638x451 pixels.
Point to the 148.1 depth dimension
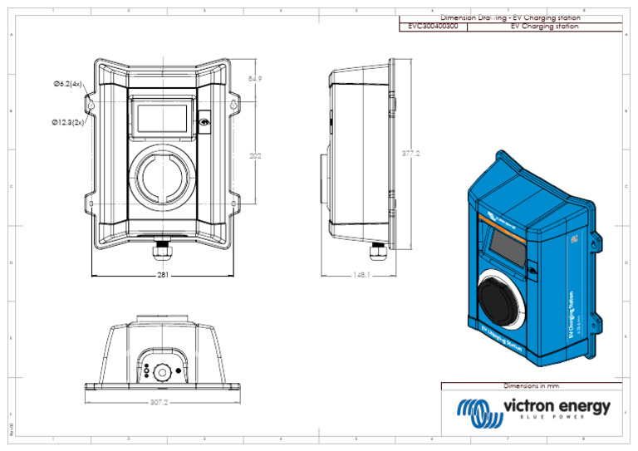(x=361, y=275)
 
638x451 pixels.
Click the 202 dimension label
(x=257, y=154)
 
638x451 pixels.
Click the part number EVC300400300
(x=433, y=27)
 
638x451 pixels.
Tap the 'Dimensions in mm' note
(x=532, y=386)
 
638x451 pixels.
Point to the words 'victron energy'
(x=557, y=406)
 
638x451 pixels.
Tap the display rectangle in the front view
(x=162, y=117)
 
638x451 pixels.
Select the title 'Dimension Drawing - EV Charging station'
(x=510, y=17)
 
